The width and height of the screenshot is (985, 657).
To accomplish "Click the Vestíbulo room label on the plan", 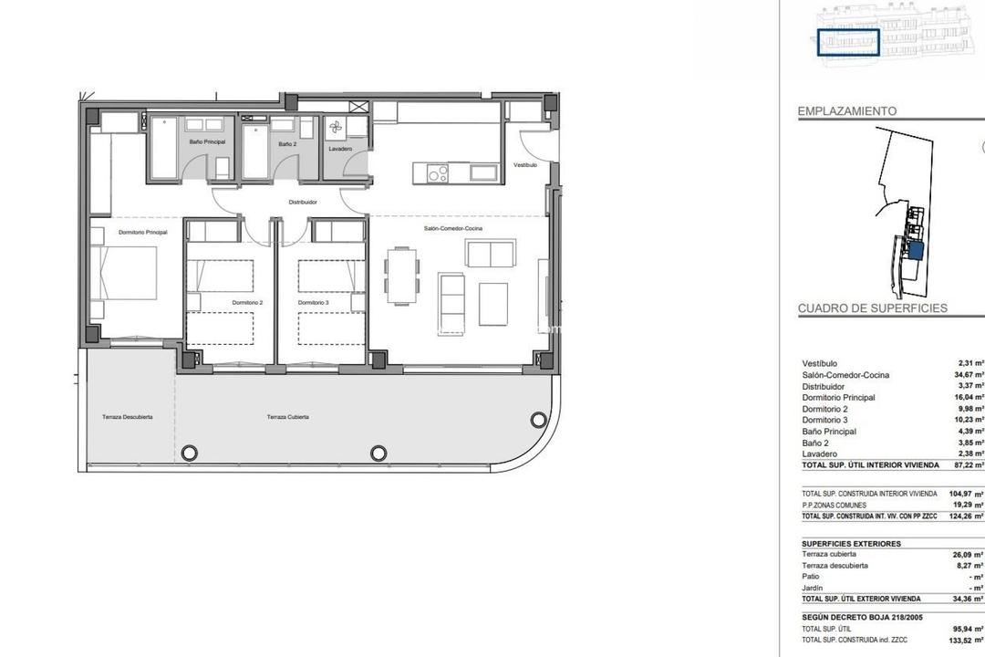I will [x=525, y=165].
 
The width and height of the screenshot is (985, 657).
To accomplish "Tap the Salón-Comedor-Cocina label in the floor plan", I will [x=452, y=227].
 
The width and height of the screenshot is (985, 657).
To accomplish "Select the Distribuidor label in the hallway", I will [x=303, y=202].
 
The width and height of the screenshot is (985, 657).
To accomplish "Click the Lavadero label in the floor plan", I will [x=340, y=149].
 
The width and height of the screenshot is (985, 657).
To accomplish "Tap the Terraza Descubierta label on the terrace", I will [x=127, y=417].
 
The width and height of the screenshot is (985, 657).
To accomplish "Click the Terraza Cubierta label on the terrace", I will [x=287, y=417].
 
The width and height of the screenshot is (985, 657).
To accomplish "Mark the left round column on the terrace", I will [x=190, y=452].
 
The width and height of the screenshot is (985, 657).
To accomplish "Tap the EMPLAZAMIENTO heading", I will [x=847, y=111].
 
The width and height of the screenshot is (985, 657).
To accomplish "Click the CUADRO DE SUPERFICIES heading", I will [x=873, y=308].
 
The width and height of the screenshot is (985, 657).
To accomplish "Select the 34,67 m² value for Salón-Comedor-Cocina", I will [x=967, y=375].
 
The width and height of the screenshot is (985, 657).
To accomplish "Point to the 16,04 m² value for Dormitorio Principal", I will [x=967, y=398].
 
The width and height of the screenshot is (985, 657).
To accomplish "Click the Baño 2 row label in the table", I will [x=816, y=443].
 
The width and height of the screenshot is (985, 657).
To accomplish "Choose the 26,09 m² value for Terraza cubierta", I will [x=967, y=555].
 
